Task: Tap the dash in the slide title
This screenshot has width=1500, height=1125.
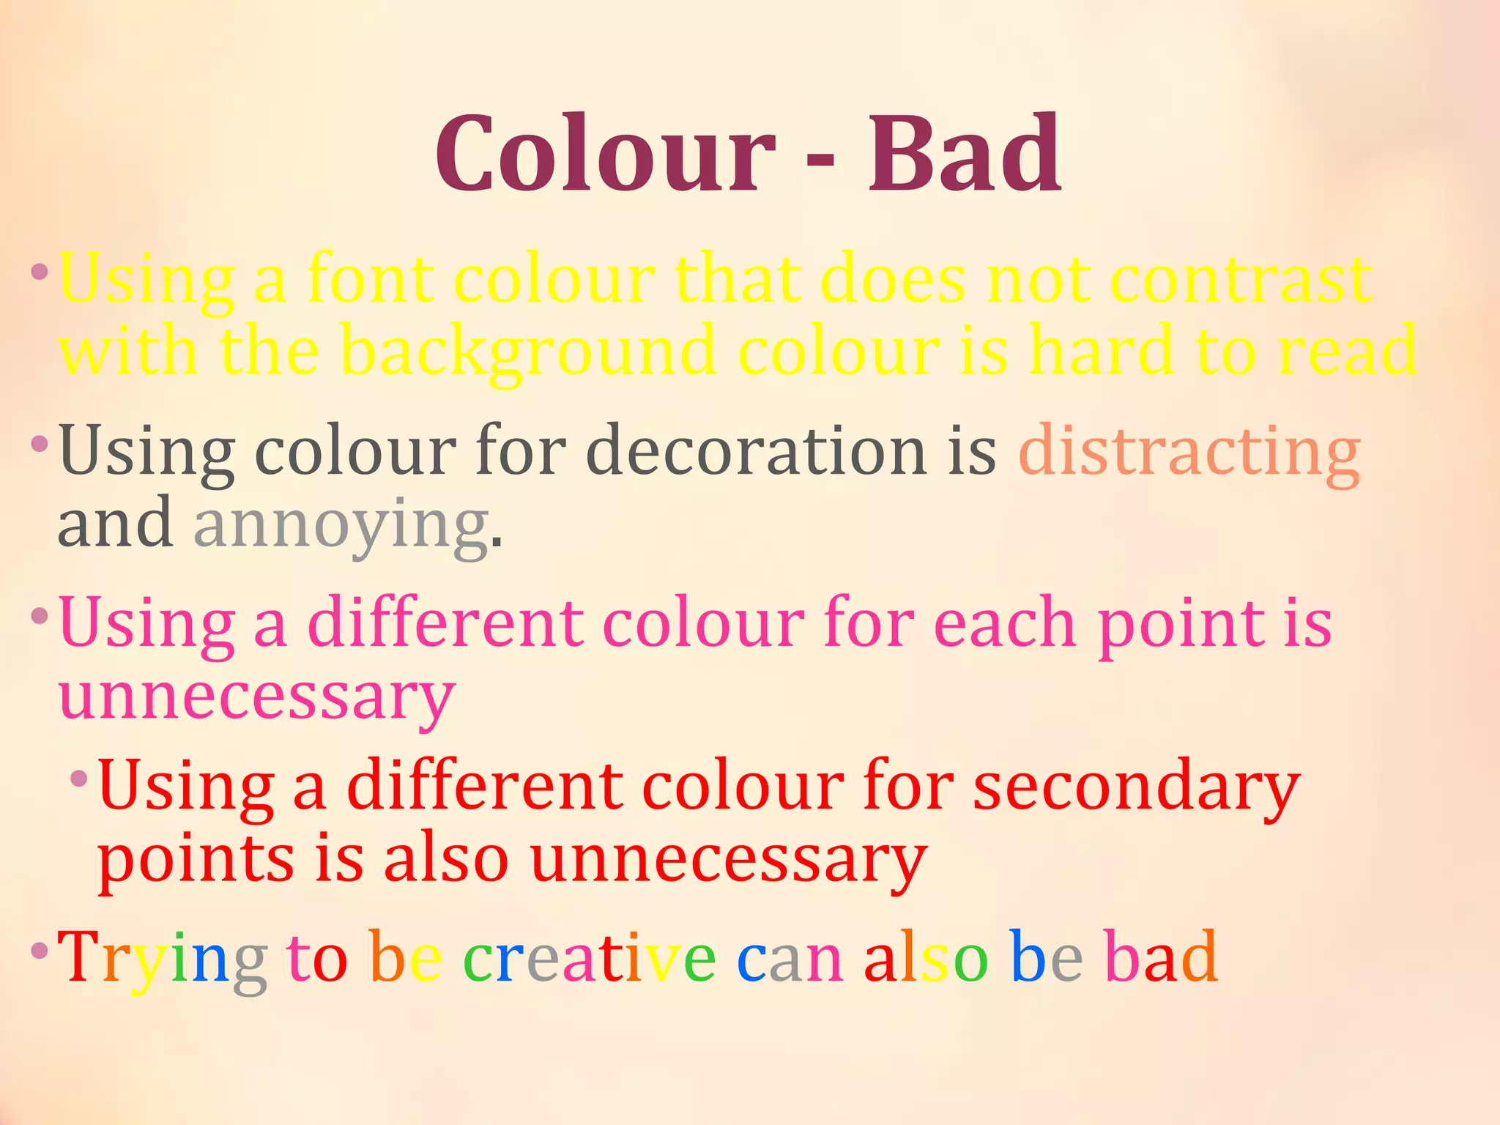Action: [820, 158]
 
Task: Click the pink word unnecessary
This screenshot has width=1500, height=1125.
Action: [256, 697]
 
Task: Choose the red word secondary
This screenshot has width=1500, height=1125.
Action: [1136, 787]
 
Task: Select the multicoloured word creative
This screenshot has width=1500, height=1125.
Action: [590, 957]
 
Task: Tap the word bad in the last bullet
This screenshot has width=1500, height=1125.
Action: [1161, 957]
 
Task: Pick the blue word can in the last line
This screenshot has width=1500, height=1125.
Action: [790, 958]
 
